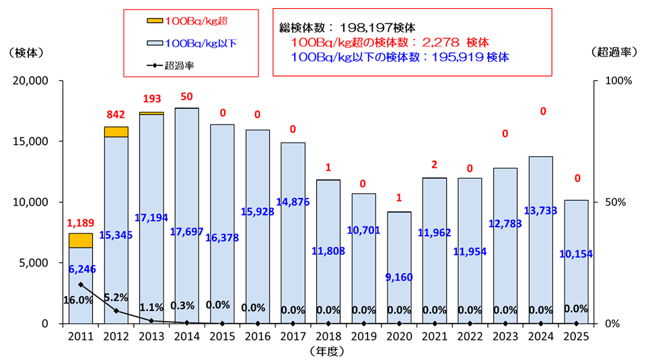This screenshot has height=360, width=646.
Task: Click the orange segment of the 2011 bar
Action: tap(81, 240)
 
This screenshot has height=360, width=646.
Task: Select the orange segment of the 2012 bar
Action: tap(116, 132)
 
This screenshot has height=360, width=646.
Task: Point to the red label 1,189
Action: tap(81, 222)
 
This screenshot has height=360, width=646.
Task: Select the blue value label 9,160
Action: tap(400, 277)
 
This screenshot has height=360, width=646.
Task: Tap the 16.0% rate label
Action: tap(79, 300)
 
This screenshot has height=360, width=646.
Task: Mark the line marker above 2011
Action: tap(81, 285)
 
